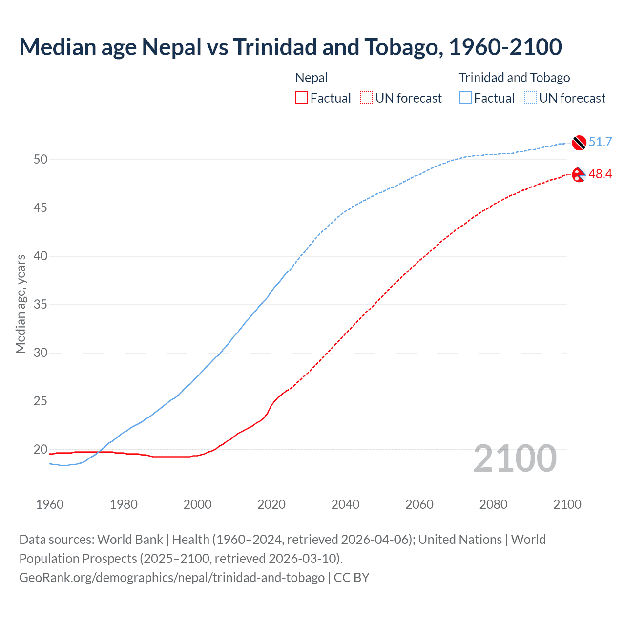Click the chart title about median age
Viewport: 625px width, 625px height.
291,47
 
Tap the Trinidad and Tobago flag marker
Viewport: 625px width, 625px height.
579,142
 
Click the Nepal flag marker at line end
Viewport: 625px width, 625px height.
579,174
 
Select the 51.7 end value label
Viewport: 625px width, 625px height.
600,142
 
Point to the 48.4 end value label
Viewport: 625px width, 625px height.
600,174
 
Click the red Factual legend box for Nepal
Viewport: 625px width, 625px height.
301,98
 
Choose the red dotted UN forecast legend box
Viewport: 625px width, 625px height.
366,98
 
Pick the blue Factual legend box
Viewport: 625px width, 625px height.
465,98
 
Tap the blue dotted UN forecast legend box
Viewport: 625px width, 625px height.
530,98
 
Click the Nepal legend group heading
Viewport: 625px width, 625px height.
312,78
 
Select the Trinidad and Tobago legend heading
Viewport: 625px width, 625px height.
514,78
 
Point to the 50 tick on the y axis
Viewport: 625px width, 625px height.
41,160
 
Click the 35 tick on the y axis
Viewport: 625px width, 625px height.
41,305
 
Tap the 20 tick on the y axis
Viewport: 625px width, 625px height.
41,449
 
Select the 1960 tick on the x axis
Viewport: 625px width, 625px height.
50,504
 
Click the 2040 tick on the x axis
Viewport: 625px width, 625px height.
345,504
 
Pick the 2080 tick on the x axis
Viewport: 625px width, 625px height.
493,504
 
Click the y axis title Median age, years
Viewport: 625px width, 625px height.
21,304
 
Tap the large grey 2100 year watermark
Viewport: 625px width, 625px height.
515,458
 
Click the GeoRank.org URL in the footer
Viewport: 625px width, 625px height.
172,577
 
